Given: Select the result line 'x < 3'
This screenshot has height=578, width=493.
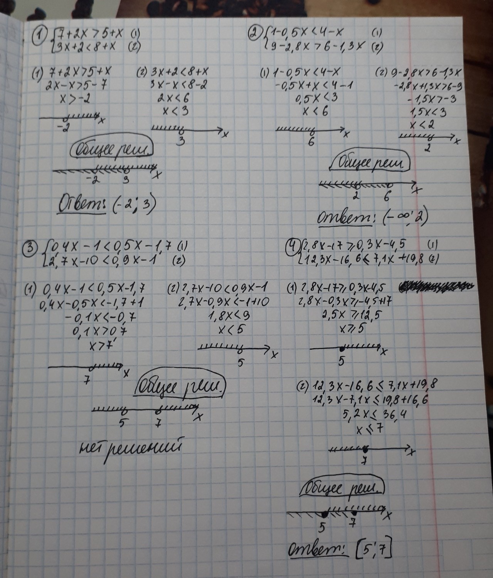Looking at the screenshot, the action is coord(175,111).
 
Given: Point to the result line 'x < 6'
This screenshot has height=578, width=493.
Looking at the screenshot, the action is coord(315,111).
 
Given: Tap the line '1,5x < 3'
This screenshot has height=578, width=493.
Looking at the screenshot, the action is coord(427,112).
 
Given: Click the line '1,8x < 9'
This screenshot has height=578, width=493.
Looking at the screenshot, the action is coord(229,316).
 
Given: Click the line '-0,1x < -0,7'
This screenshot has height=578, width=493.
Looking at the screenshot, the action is coord(100,317).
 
